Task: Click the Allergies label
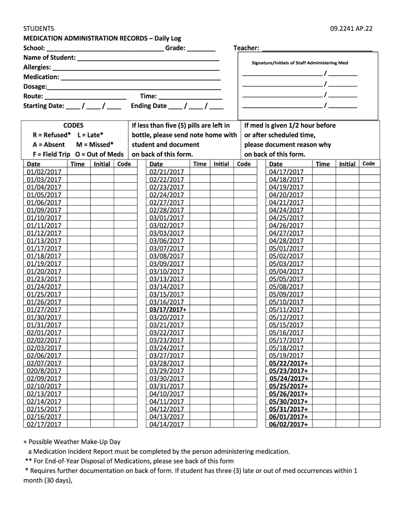(x=37, y=67)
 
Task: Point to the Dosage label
(x=35, y=87)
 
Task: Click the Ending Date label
(x=149, y=106)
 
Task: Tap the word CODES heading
(x=73, y=125)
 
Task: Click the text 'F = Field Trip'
(x=52, y=154)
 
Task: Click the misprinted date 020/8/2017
(x=44, y=371)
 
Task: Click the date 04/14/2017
(x=167, y=425)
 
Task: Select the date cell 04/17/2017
(x=287, y=172)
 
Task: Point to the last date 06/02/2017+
(x=289, y=425)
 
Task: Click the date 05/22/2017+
(x=289, y=363)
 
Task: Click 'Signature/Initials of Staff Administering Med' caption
(x=300, y=63)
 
